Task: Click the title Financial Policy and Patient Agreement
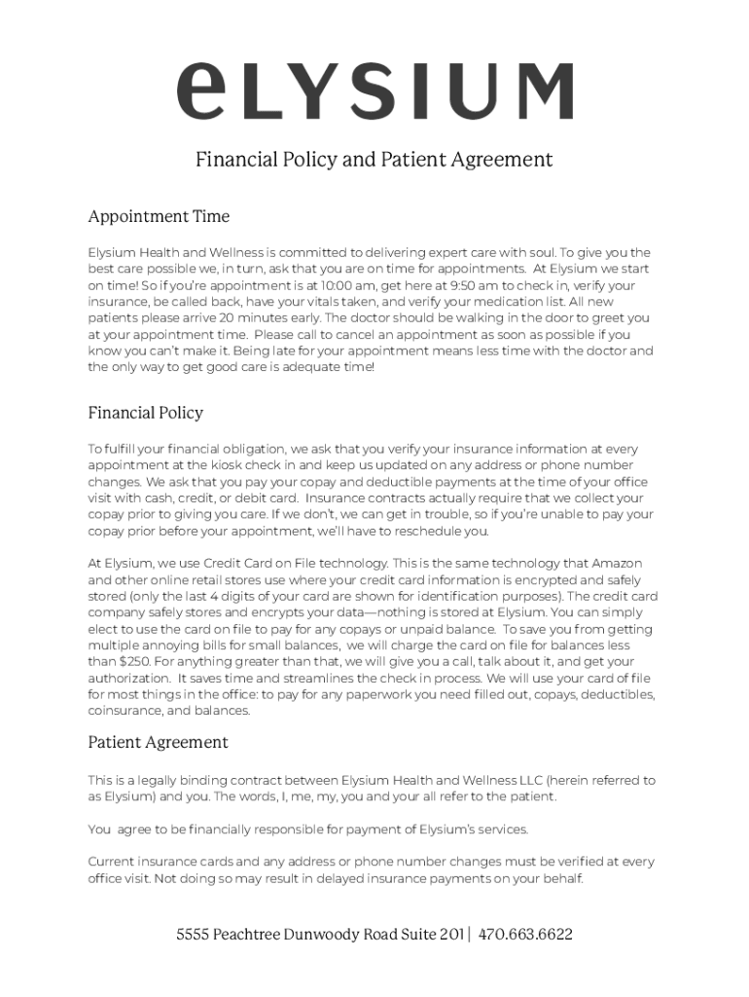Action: (374, 160)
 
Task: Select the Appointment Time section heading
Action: (159, 215)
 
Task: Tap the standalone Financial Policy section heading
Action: (146, 413)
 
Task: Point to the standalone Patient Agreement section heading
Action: (159, 742)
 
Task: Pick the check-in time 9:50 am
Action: (470, 285)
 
